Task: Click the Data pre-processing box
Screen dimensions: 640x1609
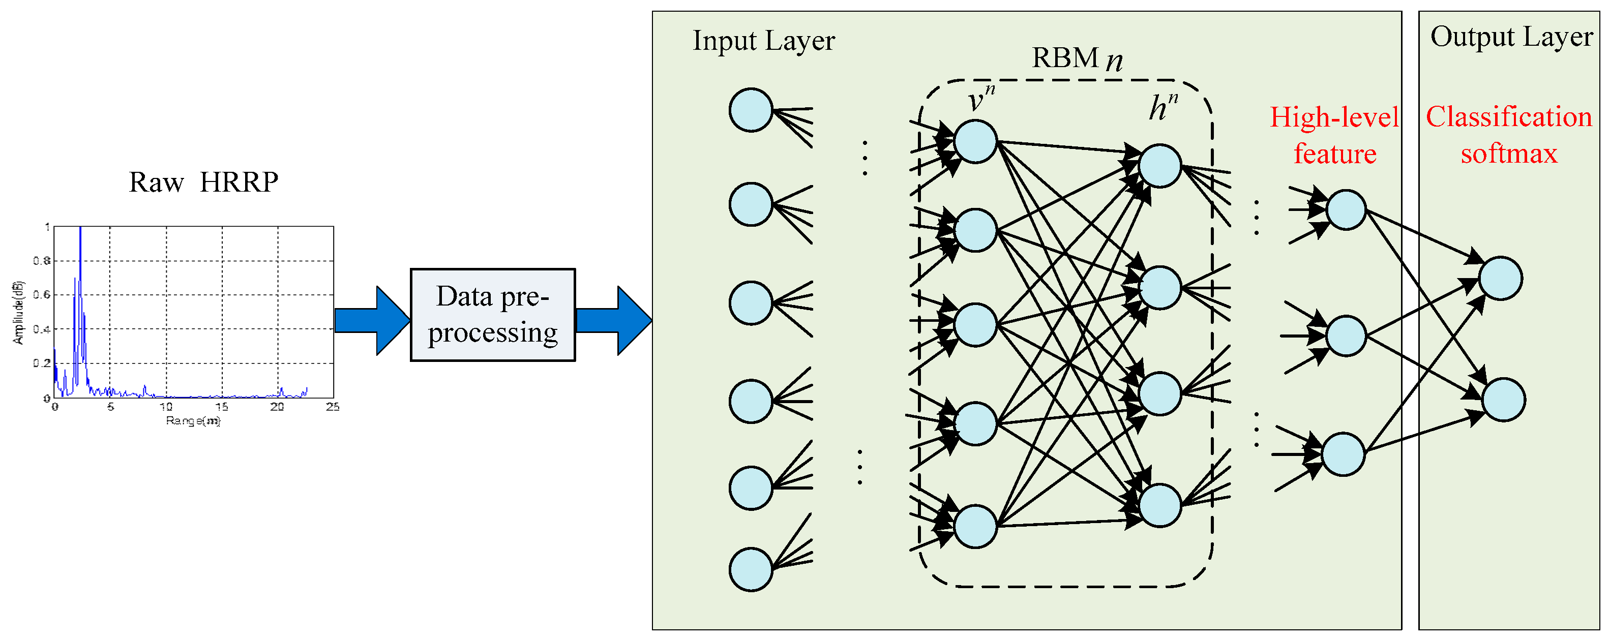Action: click(x=492, y=315)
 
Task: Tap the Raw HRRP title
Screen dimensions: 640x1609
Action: click(x=203, y=182)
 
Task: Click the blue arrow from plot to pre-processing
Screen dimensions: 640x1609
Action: click(x=372, y=320)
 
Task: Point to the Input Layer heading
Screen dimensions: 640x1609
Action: click(x=763, y=41)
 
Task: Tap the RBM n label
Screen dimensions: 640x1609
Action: click(x=1076, y=58)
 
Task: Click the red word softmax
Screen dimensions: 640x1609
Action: click(x=1508, y=154)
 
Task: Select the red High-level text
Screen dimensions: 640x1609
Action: click(x=1334, y=118)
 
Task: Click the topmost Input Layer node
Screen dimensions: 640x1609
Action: click(x=751, y=110)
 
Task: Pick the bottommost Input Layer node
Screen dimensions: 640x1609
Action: click(x=751, y=569)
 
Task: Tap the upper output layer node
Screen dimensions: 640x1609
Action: click(x=1500, y=279)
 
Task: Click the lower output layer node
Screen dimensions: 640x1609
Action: click(x=1503, y=400)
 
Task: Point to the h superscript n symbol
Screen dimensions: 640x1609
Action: click(x=1163, y=107)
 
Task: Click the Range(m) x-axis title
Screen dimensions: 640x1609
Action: click(x=193, y=421)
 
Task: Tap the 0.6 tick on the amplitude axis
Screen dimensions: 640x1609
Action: click(x=42, y=295)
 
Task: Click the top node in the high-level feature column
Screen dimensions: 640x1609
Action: click(x=1346, y=210)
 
